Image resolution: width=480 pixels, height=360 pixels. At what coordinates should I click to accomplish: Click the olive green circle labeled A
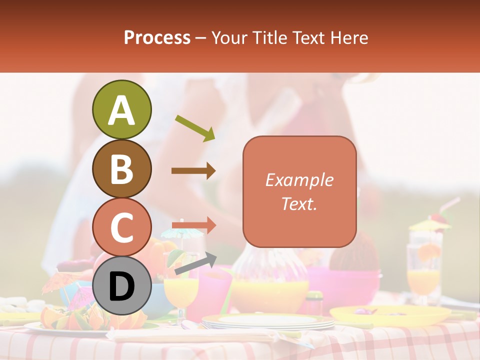point(121,109)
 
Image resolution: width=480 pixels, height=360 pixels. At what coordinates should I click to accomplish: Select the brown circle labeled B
point(121,168)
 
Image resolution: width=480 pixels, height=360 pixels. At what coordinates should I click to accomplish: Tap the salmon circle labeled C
point(121,227)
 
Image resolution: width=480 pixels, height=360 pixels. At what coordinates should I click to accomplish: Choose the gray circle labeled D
point(121,286)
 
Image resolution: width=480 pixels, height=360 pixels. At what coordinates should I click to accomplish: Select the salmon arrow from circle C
point(193,225)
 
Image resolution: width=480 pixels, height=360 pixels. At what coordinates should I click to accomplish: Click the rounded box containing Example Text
point(299,191)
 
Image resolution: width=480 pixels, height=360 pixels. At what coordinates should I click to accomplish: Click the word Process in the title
point(157,37)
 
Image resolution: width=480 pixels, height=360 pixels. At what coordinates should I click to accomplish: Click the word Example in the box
point(299,180)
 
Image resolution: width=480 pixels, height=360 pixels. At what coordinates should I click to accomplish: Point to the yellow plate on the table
point(390,315)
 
